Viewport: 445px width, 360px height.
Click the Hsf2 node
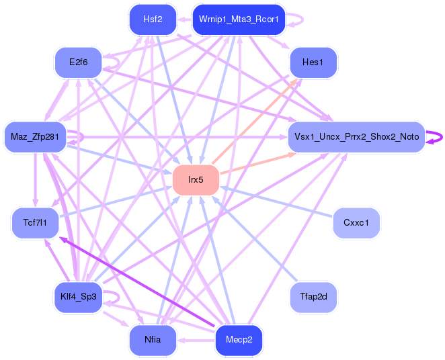click(x=153, y=19)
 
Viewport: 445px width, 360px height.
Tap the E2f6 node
click(x=78, y=63)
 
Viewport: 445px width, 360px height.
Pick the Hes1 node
click(x=313, y=63)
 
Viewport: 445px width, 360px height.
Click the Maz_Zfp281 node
click(x=35, y=138)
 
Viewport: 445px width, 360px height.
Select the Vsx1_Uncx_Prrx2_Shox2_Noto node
click(x=356, y=137)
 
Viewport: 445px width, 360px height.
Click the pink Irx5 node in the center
click(x=196, y=180)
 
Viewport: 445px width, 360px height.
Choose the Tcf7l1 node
click(x=35, y=222)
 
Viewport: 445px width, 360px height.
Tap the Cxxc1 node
click(x=356, y=222)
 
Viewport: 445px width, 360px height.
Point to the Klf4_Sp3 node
click(x=78, y=296)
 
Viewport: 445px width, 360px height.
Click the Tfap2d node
click(x=313, y=296)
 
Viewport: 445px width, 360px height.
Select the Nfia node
click(x=153, y=339)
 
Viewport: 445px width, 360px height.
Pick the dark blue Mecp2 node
click(x=238, y=339)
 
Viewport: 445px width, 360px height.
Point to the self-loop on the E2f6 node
click(x=115, y=62)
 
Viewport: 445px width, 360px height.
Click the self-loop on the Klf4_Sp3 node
click(x=115, y=296)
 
